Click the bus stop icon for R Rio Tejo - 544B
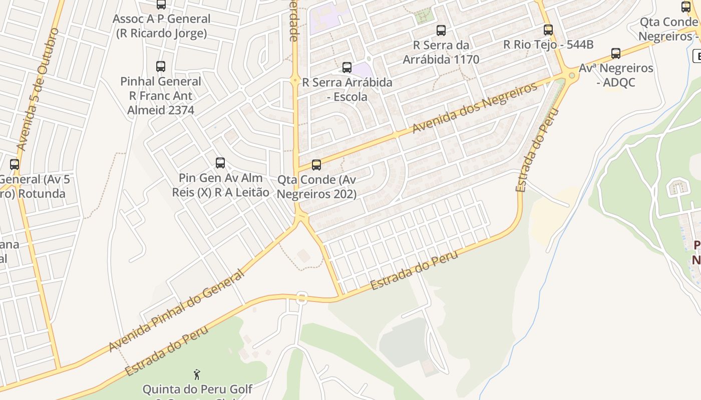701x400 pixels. (x=548, y=30)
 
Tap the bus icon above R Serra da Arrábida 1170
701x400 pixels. (x=441, y=30)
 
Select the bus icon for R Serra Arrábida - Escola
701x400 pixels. (x=347, y=67)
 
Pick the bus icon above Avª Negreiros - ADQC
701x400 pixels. (x=616, y=53)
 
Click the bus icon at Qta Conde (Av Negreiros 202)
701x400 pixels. (x=316, y=165)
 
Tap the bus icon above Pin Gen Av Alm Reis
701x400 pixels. (x=220, y=163)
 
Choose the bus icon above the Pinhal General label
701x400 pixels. (x=161, y=66)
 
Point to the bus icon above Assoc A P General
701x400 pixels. (x=161, y=4)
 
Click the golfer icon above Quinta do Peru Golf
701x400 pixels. (x=197, y=374)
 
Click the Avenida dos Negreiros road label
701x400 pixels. (x=475, y=107)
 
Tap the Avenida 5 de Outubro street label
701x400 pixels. (x=38, y=90)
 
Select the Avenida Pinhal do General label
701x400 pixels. (x=176, y=311)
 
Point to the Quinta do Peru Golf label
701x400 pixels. (x=197, y=389)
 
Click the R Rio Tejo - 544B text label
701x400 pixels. (x=548, y=44)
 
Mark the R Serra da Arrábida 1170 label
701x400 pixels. (x=441, y=52)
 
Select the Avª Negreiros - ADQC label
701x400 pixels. (x=616, y=75)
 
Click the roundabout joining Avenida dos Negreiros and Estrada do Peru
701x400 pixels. (x=571, y=75)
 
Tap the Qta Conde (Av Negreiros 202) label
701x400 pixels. (x=316, y=186)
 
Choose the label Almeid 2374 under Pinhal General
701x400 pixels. (x=161, y=110)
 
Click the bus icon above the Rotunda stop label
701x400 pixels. (x=15, y=164)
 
